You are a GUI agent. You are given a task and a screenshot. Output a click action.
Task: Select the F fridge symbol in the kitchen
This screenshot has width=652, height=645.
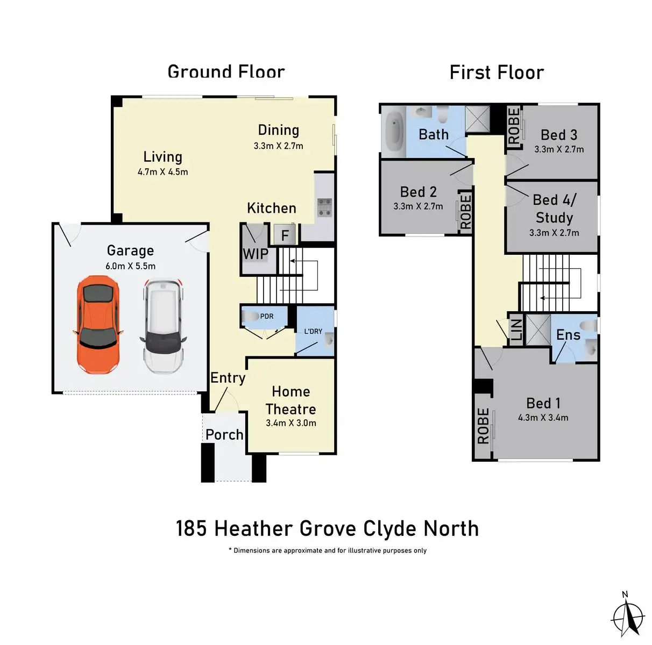tap(285, 235)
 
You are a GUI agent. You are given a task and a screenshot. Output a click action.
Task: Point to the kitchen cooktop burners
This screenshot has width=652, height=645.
tap(324, 207)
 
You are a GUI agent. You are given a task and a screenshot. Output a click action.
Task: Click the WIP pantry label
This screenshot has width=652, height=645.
tap(255, 254)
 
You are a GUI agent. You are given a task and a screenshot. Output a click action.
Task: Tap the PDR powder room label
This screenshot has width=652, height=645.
tap(267, 316)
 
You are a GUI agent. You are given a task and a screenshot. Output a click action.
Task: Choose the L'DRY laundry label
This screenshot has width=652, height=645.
tap(313, 331)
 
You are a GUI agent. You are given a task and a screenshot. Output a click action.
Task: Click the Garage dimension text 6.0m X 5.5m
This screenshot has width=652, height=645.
tap(130, 266)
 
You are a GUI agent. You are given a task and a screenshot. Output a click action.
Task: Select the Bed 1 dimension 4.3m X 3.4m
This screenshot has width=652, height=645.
tap(543, 418)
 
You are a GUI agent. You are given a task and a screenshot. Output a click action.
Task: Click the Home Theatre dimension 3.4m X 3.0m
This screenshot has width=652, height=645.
tap(290, 423)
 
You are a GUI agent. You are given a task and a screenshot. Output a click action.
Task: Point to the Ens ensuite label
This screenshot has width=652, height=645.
tap(568, 335)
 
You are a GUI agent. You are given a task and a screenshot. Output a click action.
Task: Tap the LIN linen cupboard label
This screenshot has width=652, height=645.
tap(515, 329)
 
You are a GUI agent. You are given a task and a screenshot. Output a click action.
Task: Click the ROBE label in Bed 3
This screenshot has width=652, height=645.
tap(514, 126)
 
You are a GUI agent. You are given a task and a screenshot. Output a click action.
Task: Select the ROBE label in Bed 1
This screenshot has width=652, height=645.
tap(483, 426)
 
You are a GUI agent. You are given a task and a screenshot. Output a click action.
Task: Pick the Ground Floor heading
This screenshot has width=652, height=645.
tap(226, 71)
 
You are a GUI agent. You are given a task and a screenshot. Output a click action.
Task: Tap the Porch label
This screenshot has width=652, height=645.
tap(224, 434)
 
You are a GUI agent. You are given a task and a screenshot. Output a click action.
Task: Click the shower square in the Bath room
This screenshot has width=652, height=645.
tap(477, 119)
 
